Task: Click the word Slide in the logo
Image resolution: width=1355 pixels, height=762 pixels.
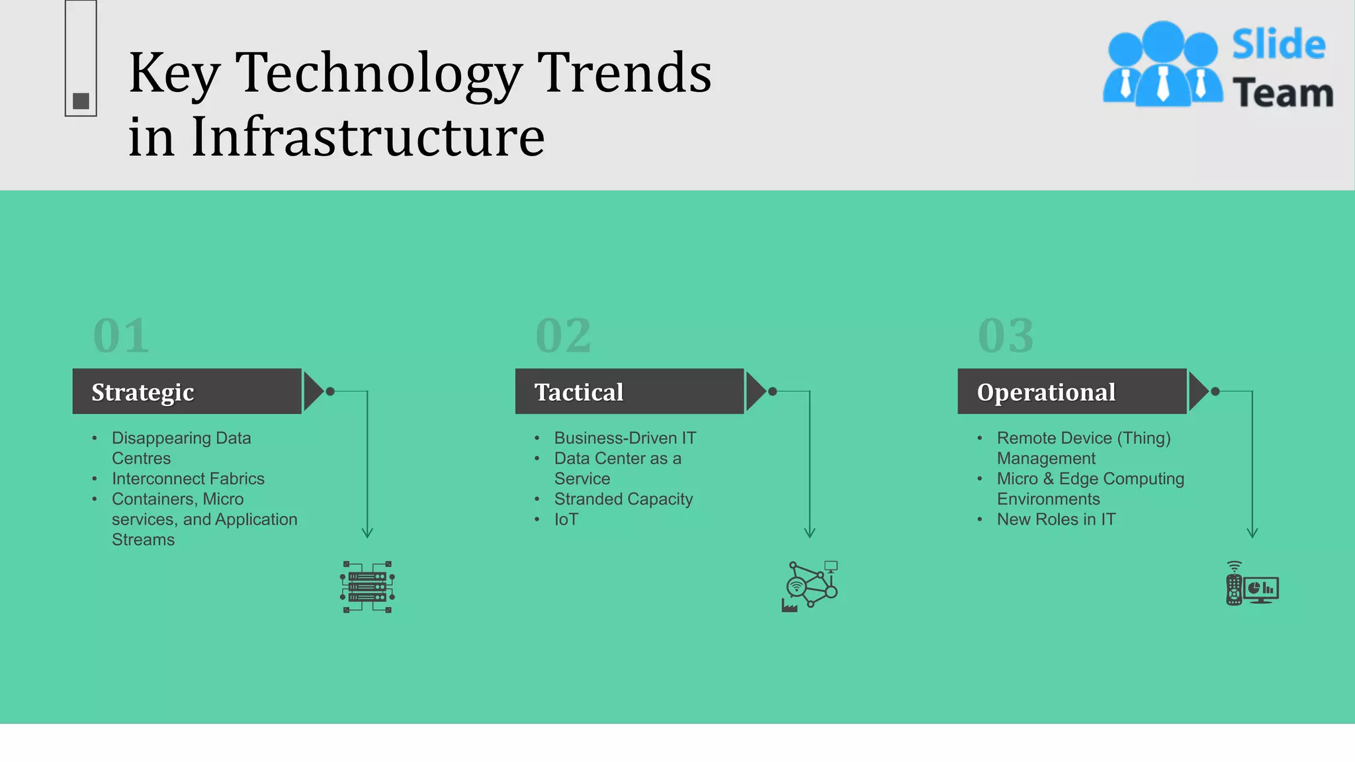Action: [x=1278, y=44]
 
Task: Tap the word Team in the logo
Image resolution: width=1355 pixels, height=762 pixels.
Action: [x=1282, y=93]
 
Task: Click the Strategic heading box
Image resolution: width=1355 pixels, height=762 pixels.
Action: [x=187, y=392]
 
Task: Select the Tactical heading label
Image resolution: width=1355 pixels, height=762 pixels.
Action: [x=579, y=392]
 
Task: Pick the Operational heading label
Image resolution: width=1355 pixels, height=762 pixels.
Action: [x=1046, y=392]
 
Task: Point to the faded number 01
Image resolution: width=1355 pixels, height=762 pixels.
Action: [x=121, y=335]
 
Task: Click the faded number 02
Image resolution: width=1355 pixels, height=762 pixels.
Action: [x=563, y=335]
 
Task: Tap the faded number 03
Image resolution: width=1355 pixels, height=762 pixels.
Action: [x=1006, y=335]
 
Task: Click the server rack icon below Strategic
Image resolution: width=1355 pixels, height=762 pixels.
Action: [x=368, y=587]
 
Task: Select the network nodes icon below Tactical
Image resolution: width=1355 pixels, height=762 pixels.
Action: [x=810, y=586]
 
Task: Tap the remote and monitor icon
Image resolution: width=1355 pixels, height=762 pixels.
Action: [x=1252, y=584]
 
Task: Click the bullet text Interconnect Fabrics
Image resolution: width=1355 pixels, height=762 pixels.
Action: [x=188, y=478]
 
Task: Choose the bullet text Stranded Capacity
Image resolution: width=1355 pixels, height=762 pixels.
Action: [x=623, y=499]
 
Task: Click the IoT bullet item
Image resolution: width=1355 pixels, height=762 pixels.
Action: [x=566, y=519]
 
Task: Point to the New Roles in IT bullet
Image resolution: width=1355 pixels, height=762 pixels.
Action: [x=1056, y=519]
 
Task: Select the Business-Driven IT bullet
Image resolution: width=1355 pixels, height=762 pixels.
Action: [x=625, y=438]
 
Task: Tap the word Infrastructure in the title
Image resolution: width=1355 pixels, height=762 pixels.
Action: [x=368, y=136]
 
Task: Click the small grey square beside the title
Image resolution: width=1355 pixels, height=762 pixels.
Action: [x=81, y=101]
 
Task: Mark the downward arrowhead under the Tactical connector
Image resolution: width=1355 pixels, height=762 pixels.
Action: [x=810, y=533]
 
